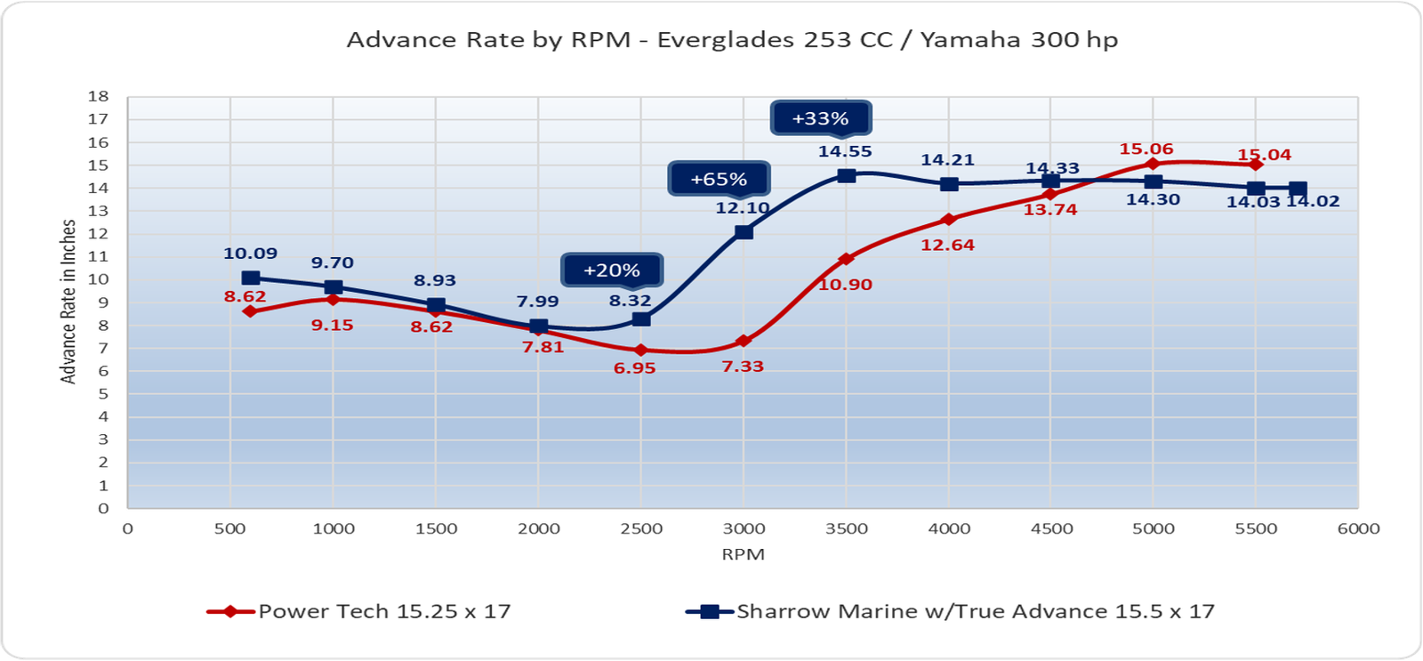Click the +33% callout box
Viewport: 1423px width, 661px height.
pos(820,118)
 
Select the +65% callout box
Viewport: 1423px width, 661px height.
pos(719,179)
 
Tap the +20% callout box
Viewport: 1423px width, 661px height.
pos(612,270)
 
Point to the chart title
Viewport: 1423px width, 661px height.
pos(732,40)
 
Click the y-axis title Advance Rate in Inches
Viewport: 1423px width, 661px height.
pos(68,302)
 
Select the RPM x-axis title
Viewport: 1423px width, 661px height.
pos(743,554)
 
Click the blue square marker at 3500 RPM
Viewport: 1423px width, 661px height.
pos(847,175)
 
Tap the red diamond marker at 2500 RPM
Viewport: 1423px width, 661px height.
pos(641,350)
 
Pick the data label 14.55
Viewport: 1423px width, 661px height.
pos(845,151)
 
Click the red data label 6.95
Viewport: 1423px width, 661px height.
pos(634,368)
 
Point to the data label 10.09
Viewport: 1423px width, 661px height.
pos(251,254)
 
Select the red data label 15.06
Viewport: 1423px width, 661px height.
pos(1146,149)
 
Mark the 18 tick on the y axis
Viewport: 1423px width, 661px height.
pos(99,96)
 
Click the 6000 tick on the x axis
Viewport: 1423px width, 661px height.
pos(1358,528)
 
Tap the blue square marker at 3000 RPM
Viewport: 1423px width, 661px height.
pos(744,231)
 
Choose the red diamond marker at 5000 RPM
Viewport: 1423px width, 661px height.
pos(1154,164)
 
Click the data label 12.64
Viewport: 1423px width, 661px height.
pos(947,245)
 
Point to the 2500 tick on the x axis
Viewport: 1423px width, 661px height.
pos(641,528)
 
